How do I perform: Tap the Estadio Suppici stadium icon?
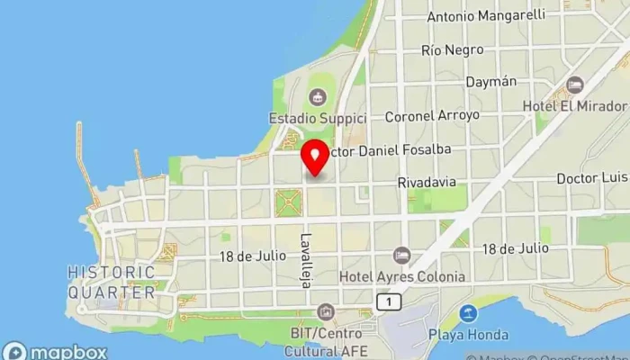pos(317,96)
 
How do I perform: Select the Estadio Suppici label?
pos(317,118)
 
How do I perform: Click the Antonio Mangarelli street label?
pos(486,15)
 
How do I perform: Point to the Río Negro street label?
pos(452,49)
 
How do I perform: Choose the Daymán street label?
pos(490,82)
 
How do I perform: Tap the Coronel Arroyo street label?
pos(432,116)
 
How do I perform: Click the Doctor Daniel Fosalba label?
pos(392,149)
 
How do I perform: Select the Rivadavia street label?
pos(427,183)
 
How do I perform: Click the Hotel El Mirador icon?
pos(575,85)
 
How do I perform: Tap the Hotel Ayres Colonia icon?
pos(401,256)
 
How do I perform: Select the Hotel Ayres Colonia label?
pos(401,276)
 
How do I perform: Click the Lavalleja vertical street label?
pos(306,260)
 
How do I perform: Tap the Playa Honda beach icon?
pos(467,314)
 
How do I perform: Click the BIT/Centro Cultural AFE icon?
pos(324,312)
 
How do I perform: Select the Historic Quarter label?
pos(112,282)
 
